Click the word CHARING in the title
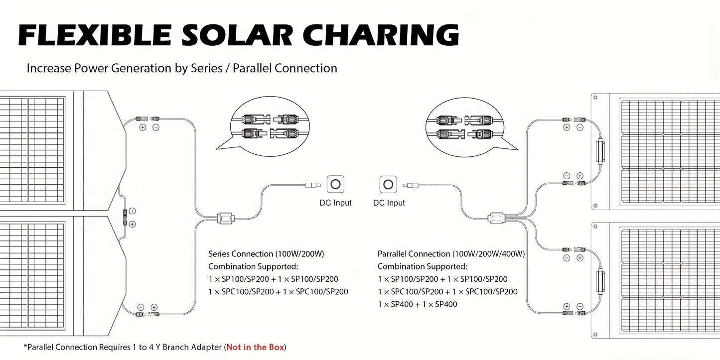click(x=381, y=35)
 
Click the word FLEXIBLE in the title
click(x=95, y=35)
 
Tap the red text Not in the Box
click(x=255, y=347)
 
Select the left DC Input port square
click(x=335, y=184)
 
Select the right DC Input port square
click(x=388, y=184)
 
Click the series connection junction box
click(x=226, y=219)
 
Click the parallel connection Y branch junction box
click(x=496, y=219)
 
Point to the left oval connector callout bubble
click(x=267, y=126)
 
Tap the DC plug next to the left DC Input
click(x=313, y=185)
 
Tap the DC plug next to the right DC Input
click(x=411, y=185)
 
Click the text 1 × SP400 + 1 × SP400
click(x=417, y=304)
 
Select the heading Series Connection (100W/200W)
click(x=266, y=254)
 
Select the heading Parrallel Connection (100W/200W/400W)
click(x=451, y=254)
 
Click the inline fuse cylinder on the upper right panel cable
click(x=600, y=151)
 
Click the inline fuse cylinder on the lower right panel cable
click(x=600, y=281)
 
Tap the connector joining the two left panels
click(x=125, y=218)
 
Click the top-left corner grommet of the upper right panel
click(x=595, y=98)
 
